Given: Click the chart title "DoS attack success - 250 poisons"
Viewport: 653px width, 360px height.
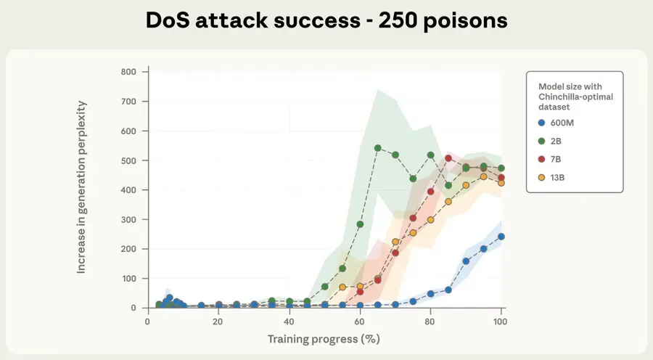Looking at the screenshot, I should [326, 20].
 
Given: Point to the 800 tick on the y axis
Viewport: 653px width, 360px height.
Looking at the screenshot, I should [128, 72].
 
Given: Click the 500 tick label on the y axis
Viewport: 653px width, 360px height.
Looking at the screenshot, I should [128, 160].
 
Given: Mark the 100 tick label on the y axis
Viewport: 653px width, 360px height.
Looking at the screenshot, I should [128, 279].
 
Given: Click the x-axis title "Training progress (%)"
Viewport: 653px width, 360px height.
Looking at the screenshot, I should [324, 339].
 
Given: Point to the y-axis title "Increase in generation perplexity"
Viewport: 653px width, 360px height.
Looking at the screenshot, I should [82, 187].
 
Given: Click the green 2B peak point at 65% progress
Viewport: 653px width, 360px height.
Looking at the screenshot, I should [378, 148].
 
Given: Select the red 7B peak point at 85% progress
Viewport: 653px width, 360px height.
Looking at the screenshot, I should [448, 158].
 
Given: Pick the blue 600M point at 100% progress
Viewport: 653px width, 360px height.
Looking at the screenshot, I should [501, 237].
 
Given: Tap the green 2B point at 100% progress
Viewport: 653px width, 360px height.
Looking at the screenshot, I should [501, 168].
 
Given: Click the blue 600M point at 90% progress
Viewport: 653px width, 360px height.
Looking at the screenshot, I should [466, 261].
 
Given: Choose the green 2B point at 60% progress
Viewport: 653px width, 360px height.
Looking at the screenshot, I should [360, 224].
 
